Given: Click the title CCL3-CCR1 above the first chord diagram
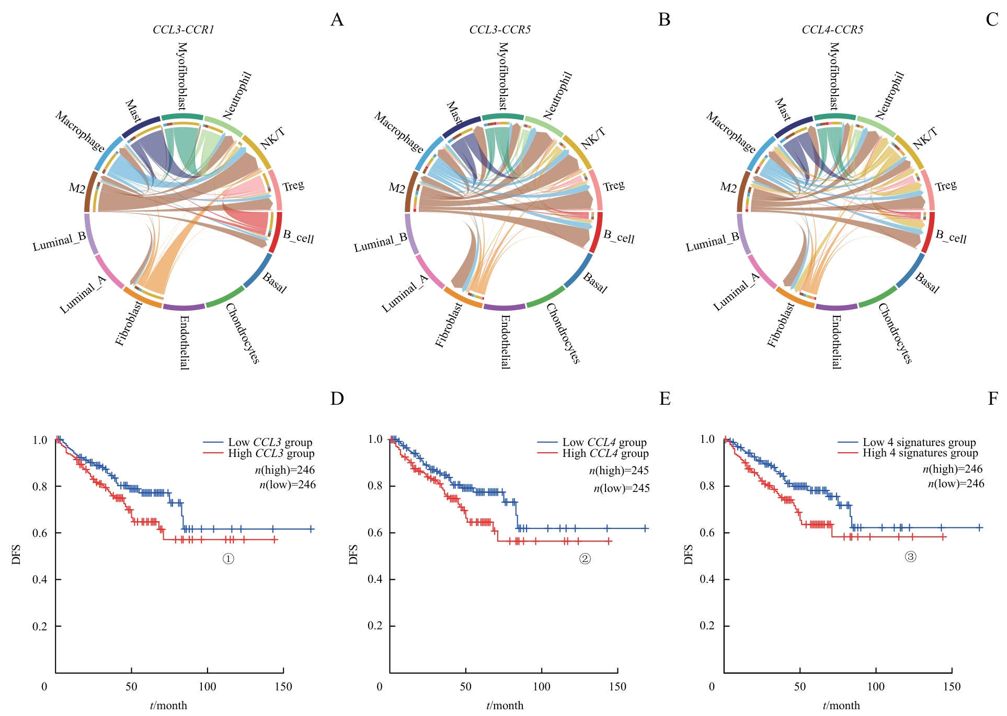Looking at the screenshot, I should point(183,30).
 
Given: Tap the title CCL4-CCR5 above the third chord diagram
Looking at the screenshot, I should point(832,30).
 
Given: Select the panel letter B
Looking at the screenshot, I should point(664,20).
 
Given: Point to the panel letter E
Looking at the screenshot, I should point(665,399).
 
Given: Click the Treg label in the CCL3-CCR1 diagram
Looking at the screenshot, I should point(293,186).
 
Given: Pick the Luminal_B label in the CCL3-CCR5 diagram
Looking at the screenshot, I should point(380,243).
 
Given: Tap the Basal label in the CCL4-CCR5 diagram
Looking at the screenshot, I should point(927,283).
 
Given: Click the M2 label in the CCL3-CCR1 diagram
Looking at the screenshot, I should point(77,188).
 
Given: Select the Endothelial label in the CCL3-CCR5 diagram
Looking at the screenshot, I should point(505,342).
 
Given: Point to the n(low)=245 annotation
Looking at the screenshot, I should point(621,488).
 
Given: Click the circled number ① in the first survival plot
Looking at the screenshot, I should point(228,559).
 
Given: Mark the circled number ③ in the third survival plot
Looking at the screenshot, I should point(910,557).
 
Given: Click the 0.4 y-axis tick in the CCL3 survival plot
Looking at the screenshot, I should point(40,580).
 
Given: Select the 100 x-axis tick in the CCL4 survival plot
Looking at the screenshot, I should point(541,687).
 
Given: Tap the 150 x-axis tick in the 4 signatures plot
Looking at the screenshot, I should point(952,687).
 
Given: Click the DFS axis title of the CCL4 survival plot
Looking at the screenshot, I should point(353,554).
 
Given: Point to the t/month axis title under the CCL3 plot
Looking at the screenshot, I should point(168,706).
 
